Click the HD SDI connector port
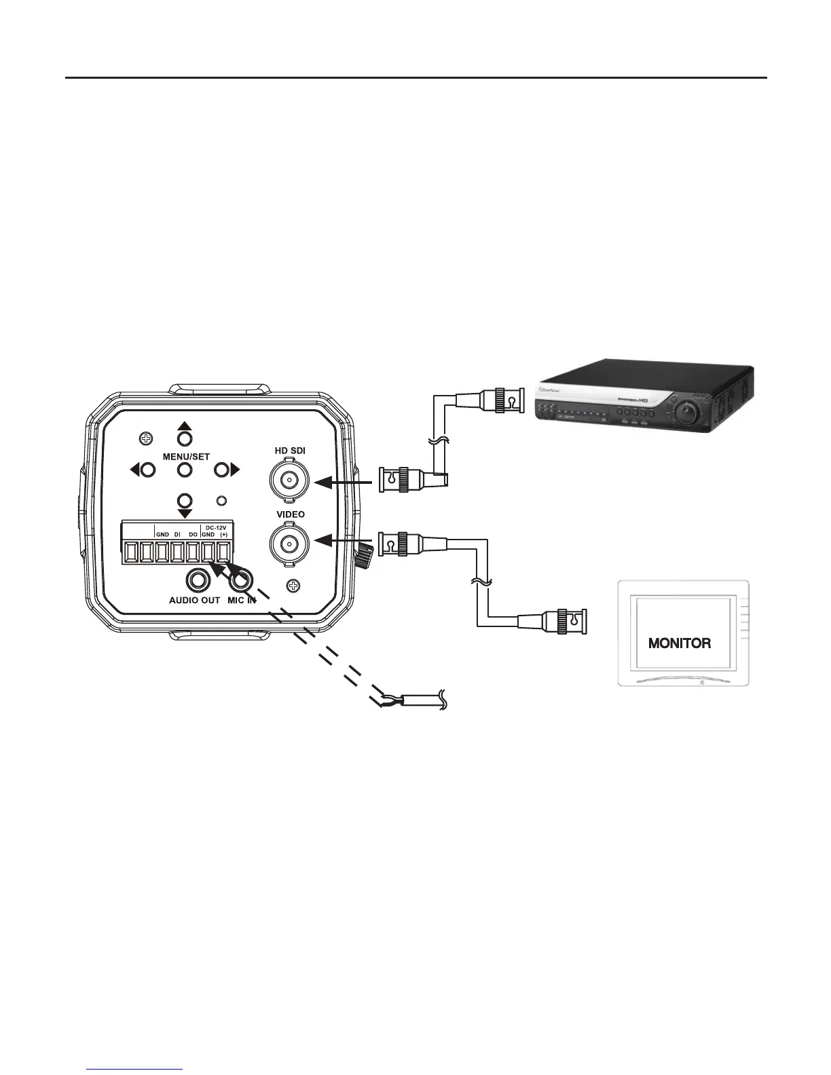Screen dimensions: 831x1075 pos(290,481)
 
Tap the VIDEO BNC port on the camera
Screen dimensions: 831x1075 pos(290,542)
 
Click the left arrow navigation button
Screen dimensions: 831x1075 pos(147,469)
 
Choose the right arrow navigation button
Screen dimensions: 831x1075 pos(222,469)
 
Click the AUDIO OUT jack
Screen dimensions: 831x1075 pos(198,580)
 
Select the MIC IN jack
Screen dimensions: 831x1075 pos(241,580)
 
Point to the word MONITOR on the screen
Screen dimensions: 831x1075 pos(680,643)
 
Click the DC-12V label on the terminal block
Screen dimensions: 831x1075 pos(216,527)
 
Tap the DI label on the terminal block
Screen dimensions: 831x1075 pos(177,535)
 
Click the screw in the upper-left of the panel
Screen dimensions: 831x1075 pos(144,439)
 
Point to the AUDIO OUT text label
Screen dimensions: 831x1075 pos(194,600)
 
